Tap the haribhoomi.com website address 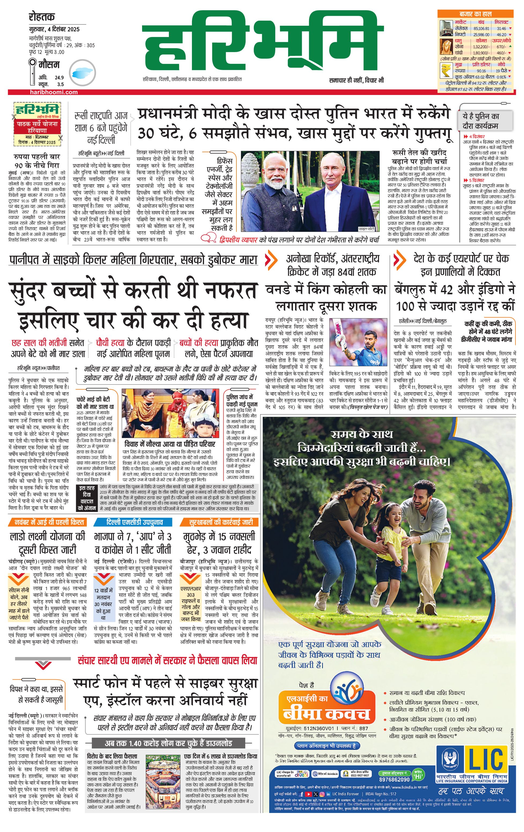[54, 92]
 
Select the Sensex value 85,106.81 [481, 29]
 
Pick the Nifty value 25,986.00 [481, 35]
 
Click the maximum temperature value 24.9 [60, 78]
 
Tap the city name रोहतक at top [42, 17]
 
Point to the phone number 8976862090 [394, 779]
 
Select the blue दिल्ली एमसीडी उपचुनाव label [135, 522]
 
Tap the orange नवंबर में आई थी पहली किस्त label [49, 522]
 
